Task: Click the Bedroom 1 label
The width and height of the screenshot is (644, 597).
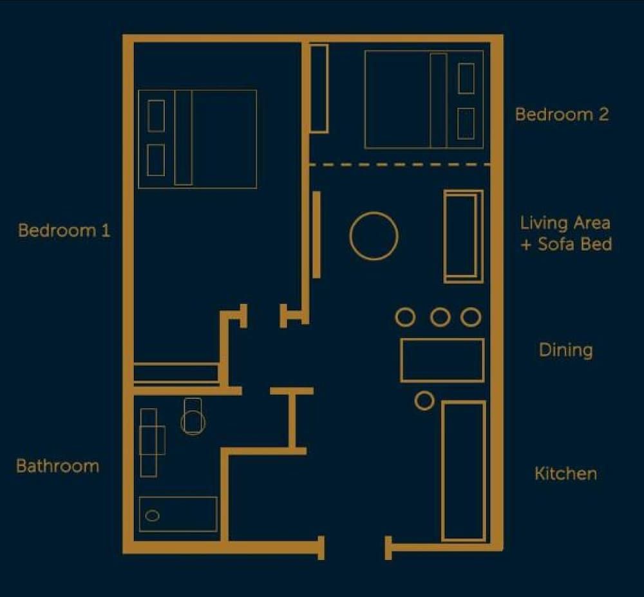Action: (x=64, y=230)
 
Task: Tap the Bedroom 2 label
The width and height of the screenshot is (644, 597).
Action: (x=562, y=115)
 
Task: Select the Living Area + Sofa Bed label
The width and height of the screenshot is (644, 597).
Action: (x=565, y=233)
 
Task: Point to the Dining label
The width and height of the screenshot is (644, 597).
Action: (x=565, y=350)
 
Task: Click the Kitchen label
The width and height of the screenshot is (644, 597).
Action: (x=565, y=474)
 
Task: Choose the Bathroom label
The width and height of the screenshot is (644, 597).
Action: (x=57, y=466)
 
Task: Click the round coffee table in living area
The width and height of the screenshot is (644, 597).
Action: (x=374, y=236)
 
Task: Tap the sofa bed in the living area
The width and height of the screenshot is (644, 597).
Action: (x=463, y=236)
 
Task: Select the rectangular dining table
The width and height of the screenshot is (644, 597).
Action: (x=442, y=360)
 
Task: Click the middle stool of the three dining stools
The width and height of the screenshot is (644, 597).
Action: (x=440, y=317)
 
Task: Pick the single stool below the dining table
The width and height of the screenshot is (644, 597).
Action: (x=424, y=400)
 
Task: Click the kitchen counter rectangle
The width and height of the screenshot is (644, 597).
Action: (x=463, y=471)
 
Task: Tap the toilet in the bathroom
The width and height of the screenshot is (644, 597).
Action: (x=193, y=417)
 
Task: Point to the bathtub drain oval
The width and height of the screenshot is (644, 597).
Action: (x=153, y=515)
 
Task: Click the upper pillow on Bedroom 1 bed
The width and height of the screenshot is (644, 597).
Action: (x=156, y=116)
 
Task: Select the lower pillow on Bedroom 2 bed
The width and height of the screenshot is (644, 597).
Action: (x=466, y=123)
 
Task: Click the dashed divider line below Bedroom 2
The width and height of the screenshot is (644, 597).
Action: (x=399, y=165)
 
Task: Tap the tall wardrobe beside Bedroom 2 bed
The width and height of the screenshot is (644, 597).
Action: (x=319, y=88)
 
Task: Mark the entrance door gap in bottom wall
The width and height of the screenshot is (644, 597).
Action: (x=354, y=547)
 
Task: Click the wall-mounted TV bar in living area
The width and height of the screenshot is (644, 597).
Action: (x=316, y=235)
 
